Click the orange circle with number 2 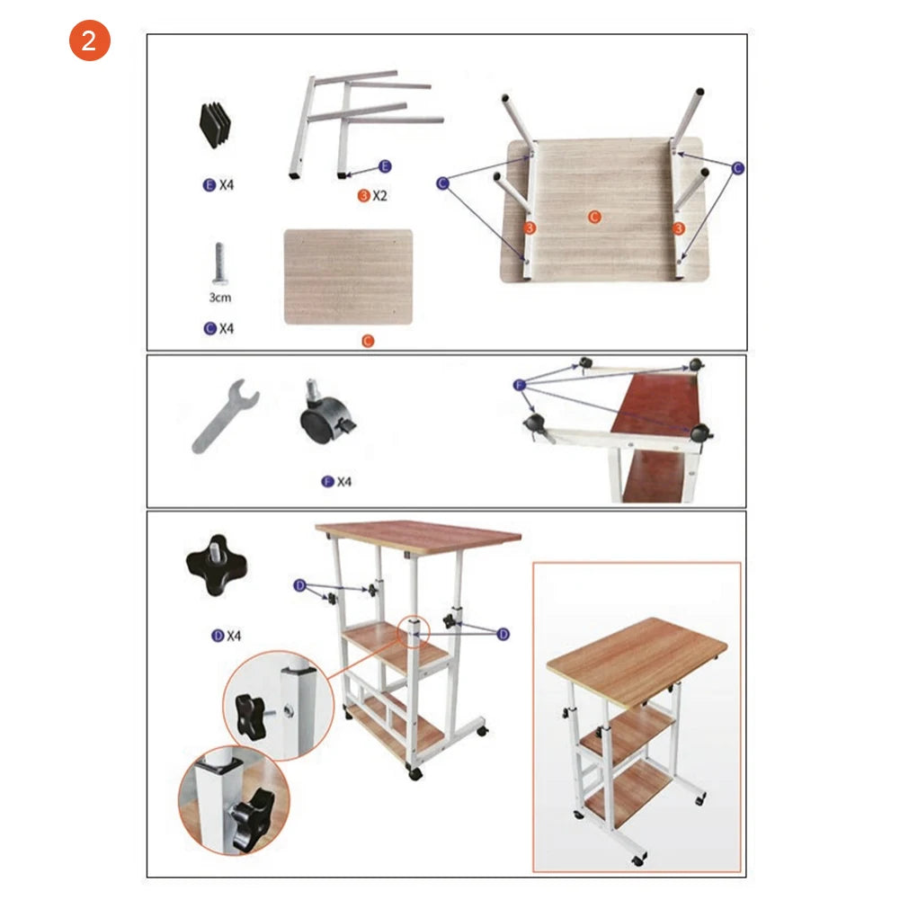coord(89,41)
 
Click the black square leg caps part coord(215,126)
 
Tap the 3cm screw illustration coord(218,264)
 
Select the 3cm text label coord(219,298)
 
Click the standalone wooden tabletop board coord(348,277)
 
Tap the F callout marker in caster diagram coord(518,385)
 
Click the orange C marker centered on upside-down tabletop coord(593,217)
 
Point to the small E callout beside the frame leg coord(385,166)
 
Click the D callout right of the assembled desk coord(503,634)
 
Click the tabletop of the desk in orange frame coord(637,660)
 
